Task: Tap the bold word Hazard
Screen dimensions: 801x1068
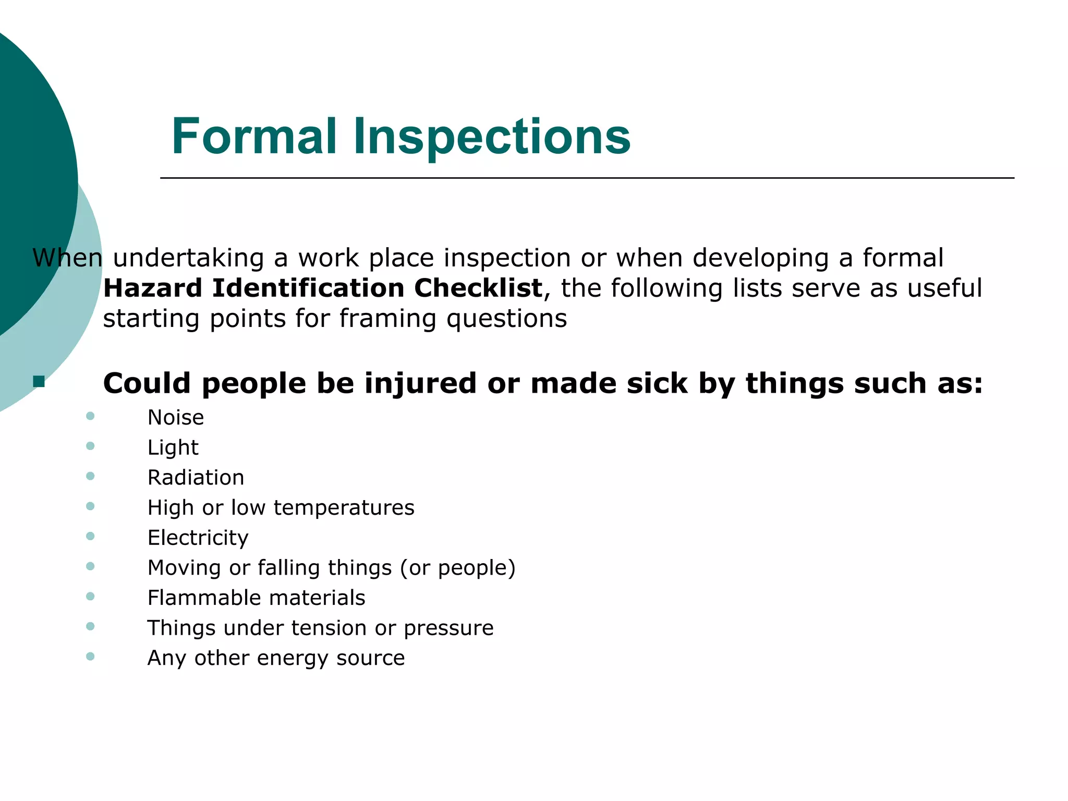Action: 153,288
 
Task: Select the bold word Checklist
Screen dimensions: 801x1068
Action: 478,288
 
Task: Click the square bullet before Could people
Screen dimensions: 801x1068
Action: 39,382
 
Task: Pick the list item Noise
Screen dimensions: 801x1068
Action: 176,417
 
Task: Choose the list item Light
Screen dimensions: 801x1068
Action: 173,447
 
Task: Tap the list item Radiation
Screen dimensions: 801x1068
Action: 196,478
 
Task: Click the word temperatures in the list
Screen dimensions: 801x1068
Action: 344,507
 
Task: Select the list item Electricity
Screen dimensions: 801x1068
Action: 198,538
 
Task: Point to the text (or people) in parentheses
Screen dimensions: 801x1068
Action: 457,568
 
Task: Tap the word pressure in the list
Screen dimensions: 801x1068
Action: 448,628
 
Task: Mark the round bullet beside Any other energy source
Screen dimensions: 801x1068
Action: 90,656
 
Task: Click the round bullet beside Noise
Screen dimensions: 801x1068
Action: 90,416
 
